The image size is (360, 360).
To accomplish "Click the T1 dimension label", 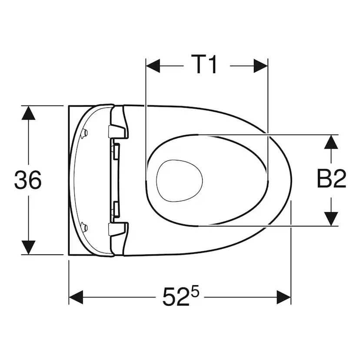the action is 203,64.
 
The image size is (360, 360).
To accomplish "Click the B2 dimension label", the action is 331,179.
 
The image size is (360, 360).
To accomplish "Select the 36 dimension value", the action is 28,180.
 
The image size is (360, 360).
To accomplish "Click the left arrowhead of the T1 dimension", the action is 153,66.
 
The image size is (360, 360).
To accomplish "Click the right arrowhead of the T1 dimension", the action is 261,66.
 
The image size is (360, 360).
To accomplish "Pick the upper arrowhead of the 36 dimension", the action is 28,113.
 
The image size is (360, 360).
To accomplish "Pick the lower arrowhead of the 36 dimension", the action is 28,247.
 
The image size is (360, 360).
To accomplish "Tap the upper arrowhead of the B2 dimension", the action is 331,142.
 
